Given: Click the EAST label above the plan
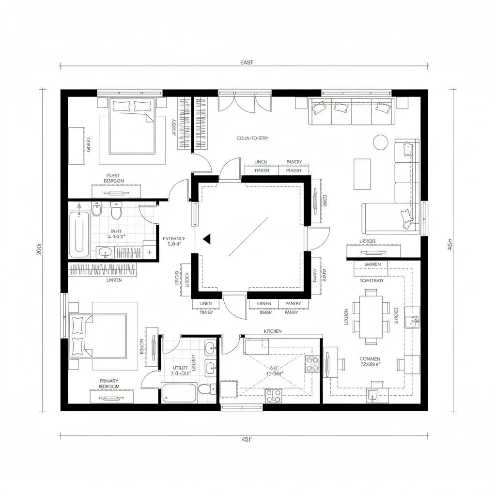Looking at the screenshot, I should click(247, 62).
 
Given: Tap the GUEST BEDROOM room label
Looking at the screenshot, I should click(115, 178).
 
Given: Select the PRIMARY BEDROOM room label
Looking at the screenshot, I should click(109, 384).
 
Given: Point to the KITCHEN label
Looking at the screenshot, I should click(272, 331).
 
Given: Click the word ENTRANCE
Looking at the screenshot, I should click(173, 238).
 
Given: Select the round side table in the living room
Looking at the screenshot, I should click(381, 142).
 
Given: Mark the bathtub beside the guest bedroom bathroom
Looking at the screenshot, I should click(79, 234).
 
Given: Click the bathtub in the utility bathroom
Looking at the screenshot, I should click(179, 392).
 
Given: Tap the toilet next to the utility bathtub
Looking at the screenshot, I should click(206, 389).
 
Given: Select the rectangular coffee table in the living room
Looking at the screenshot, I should click(362, 174).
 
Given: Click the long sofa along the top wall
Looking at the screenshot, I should click(351, 111).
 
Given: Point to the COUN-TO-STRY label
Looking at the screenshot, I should click(252, 139).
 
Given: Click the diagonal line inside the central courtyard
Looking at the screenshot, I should click(248, 236).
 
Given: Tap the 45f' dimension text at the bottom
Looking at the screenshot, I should click(247, 440).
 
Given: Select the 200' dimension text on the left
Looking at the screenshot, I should click(39, 249).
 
